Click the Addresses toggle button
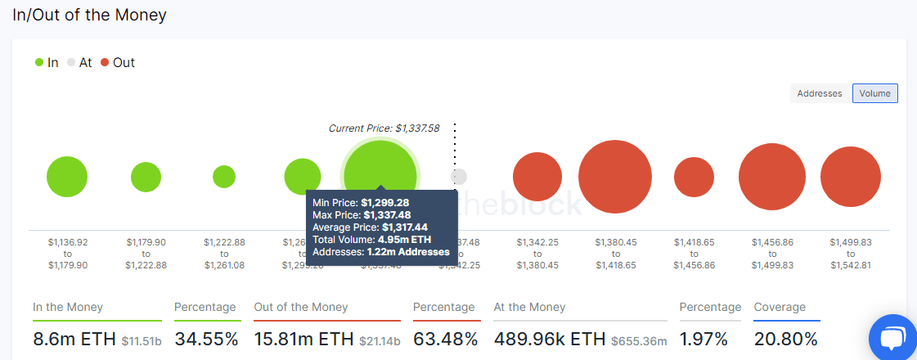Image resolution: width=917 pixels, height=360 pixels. click(819, 93)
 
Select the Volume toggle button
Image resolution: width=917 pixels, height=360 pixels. click(874, 93)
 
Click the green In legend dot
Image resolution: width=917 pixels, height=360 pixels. click(39, 62)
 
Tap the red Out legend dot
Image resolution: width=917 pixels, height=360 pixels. click(105, 62)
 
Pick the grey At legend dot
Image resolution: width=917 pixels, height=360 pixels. click(71, 62)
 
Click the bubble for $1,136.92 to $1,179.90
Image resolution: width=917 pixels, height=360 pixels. click(67, 177)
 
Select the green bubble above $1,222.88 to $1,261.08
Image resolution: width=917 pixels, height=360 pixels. click(224, 177)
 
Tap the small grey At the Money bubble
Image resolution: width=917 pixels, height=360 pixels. click(459, 177)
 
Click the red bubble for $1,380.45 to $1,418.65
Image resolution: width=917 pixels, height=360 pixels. click(614, 177)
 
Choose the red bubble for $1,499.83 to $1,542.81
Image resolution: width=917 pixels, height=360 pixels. click(850, 178)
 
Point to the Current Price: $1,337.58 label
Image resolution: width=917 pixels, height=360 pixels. click(384, 128)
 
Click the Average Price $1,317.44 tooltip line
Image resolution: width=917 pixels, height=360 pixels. click(370, 227)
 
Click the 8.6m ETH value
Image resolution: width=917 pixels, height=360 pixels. click(75, 339)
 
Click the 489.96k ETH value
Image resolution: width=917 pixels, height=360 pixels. click(550, 339)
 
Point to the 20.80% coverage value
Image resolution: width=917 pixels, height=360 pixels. click(785, 339)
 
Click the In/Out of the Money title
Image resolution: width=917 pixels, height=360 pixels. click(89, 14)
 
